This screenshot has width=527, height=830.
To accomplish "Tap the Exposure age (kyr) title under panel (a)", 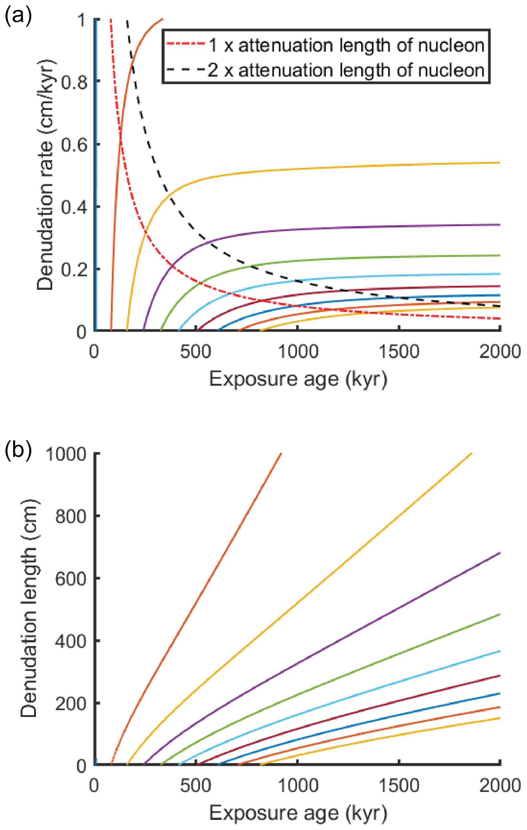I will click(x=298, y=379).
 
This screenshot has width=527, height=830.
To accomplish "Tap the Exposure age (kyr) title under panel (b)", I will click(x=298, y=813).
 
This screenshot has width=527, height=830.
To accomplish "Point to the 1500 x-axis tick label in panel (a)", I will click(x=399, y=352).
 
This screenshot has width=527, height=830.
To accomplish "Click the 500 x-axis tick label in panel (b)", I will click(x=196, y=785).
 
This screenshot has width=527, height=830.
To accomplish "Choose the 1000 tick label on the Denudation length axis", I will click(x=65, y=454).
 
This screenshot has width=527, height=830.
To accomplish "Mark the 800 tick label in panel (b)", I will click(x=70, y=516).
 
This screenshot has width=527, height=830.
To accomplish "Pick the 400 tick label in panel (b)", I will click(x=70, y=641).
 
